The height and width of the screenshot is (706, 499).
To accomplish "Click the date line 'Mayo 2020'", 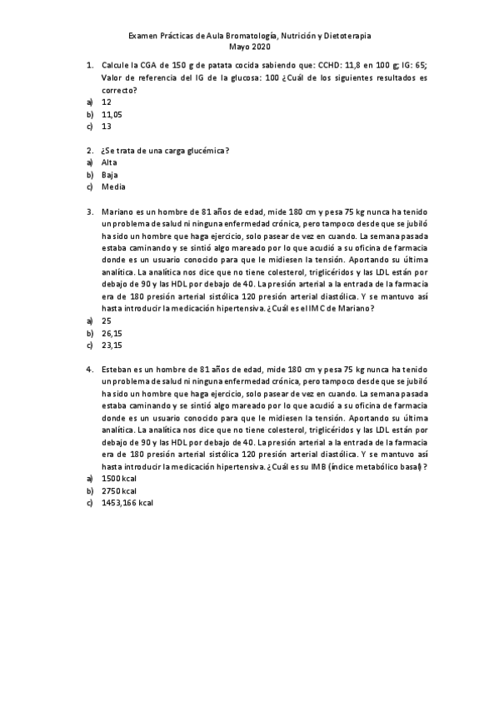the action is (249, 48).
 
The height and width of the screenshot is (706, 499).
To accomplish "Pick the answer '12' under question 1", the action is (107, 101).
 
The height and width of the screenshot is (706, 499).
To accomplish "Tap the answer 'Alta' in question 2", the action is (109, 162).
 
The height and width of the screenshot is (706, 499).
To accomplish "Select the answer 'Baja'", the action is (109, 175).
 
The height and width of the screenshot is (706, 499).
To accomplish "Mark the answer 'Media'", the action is (112, 187).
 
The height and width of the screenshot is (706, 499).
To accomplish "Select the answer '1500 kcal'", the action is (118, 479).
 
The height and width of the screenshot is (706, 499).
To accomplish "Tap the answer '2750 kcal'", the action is (118, 491).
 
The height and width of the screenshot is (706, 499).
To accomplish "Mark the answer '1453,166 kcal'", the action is (127, 504).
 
